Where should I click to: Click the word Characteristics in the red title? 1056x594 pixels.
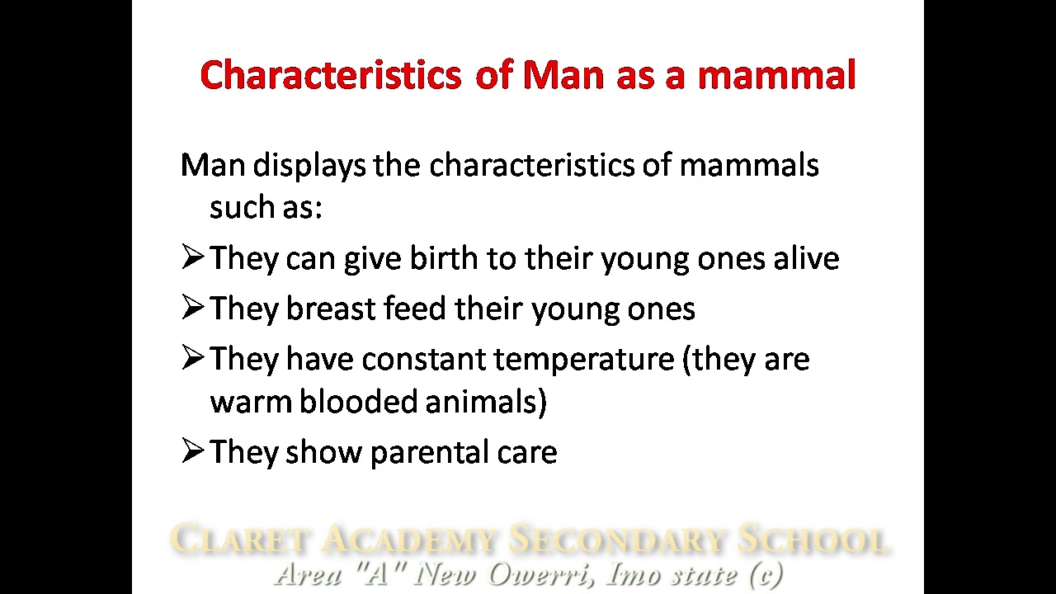tap(330, 75)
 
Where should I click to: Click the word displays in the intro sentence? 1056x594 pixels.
tap(309, 166)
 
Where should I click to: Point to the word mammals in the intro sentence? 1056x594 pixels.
tap(748, 165)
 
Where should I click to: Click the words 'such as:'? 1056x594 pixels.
tap(266, 207)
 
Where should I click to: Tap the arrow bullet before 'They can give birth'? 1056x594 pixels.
tap(192, 257)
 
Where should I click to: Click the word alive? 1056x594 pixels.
tap(806, 258)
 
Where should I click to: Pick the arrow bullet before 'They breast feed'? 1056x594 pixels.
tap(192, 308)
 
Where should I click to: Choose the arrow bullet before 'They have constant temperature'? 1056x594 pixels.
tap(192, 358)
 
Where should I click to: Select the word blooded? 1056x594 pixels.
tap(357, 402)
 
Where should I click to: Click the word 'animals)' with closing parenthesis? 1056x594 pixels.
tap(486, 402)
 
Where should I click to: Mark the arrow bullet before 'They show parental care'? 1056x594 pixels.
tap(192, 450)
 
